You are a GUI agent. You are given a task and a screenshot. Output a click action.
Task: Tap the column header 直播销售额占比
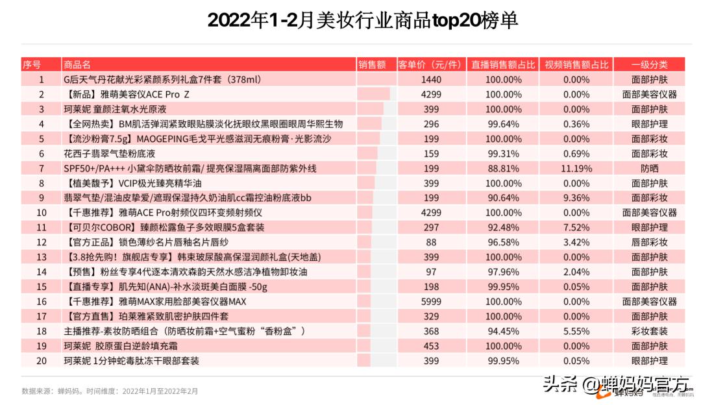coord(503,64)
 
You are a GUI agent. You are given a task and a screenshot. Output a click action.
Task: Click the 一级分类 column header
coord(649,64)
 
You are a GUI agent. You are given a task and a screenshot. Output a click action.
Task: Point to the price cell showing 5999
coord(431,301)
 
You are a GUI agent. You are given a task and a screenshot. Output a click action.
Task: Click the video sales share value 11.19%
coord(576,168)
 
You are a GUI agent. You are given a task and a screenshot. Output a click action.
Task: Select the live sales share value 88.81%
coord(503,168)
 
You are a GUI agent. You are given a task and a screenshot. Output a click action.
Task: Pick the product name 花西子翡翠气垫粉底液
coord(109,153)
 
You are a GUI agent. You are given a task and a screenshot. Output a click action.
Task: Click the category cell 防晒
coord(649,168)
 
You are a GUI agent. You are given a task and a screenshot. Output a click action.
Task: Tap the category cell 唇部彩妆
coord(649,242)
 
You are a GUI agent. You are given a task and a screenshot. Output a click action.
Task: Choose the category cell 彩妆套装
coord(649,331)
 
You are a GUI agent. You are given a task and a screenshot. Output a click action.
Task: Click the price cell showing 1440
coord(431,79)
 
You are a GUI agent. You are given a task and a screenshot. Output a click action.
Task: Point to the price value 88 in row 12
coord(431,242)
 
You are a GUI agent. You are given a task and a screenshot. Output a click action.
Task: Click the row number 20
coord(42,360)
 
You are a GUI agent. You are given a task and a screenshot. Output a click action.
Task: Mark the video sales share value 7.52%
coord(576,227)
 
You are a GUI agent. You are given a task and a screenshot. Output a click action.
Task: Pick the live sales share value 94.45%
coord(503,331)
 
